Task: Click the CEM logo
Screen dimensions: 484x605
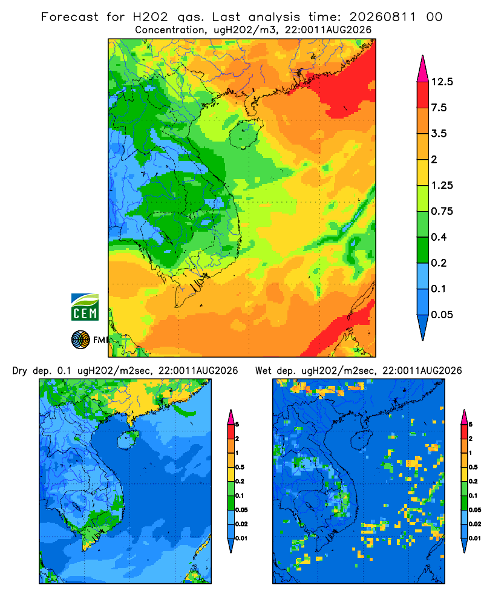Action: pos(85,307)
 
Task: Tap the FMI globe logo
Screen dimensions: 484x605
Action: pos(80,339)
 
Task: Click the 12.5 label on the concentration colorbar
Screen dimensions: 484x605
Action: pos(442,82)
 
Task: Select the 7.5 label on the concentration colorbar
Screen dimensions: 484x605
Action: pos(439,108)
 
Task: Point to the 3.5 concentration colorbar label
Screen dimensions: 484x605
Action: pos(439,134)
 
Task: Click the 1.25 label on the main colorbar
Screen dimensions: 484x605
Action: pos(442,185)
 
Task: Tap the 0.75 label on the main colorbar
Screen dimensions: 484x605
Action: pos(442,211)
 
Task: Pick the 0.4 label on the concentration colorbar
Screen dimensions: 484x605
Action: pos(439,237)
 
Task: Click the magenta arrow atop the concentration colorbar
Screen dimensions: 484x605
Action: pos(423,69)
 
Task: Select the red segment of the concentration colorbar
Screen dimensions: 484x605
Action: pos(423,95)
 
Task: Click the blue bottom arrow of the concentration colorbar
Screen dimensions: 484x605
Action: pos(423,327)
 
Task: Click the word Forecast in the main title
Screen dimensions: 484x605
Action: pos(70,17)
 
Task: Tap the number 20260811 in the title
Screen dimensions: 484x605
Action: pos(382,17)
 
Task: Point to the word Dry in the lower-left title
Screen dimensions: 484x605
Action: pos(20,371)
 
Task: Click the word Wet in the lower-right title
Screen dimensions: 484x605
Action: pos(264,371)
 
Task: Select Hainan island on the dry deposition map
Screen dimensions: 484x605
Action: pos(128,439)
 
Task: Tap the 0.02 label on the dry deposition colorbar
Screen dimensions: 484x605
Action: pos(241,524)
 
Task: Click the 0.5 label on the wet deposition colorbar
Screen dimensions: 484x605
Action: pos(473,467)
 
